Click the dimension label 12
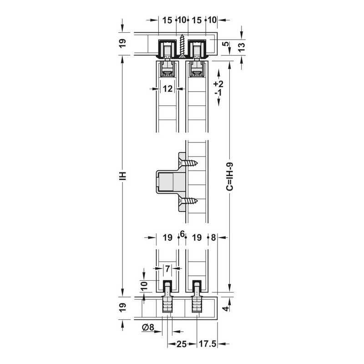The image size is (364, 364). pyautogui.click(x=167, y=89)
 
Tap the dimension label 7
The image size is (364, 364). pyautogui.click(x=167, y=268)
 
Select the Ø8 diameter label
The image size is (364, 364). pyautogui.click(x=148, y=327)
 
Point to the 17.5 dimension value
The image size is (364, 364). pyautogui.click(x=207, y=344)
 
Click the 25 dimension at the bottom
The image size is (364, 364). pyautogui.click(x=182, y=344)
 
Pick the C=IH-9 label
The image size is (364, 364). pyautogui.click(x=230, y=177)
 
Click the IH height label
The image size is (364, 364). pyautogui.click(x=123, y=176)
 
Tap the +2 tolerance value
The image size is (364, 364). pyautogui.click(x=218, y=84)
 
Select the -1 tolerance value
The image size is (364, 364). pyautogui.click(x=218, y=93)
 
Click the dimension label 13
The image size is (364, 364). pyautogui.click(x=242, y=47)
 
